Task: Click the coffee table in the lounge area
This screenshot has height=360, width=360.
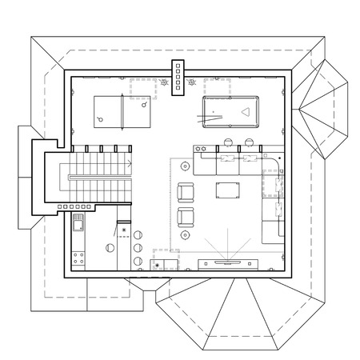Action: coord(228,190)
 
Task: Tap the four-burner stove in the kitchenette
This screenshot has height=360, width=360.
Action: coord(79,258)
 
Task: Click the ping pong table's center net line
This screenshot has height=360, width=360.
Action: coord(122,109)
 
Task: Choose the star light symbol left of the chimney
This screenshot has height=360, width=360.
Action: coord(164,82)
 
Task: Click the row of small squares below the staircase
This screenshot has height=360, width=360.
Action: coord(75,206)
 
